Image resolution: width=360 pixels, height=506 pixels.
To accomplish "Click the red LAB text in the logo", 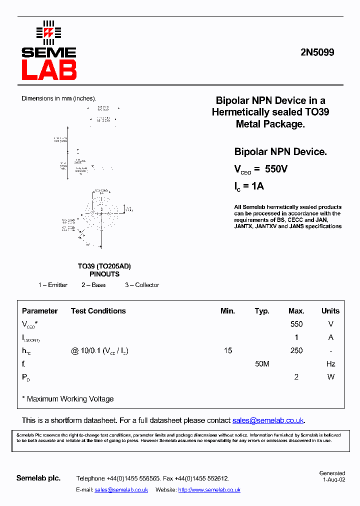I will (49, 70).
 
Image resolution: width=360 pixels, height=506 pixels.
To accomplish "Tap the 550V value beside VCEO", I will (276, 169).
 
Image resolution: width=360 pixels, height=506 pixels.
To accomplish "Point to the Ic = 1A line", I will (249, 186).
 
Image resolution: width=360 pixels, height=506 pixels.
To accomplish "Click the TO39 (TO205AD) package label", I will (104, 266).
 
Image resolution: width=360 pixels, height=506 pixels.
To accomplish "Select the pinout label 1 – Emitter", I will (53, 285).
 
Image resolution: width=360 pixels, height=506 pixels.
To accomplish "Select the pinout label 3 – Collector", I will (142, 285).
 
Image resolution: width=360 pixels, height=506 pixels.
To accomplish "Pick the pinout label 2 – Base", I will (93, 285).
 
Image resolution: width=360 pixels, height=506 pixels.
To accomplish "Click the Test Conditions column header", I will (98, 311).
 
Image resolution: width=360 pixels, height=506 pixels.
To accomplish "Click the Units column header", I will (330, 311).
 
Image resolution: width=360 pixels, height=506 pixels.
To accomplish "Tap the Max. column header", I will (296, 311).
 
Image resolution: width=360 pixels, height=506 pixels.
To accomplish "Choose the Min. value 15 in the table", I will (228, 350).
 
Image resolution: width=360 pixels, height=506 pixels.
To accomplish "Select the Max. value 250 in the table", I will (296, 350).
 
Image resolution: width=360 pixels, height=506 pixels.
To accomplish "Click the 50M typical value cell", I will (262, 364).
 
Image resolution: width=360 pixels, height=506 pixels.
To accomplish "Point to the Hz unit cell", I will (330, 364).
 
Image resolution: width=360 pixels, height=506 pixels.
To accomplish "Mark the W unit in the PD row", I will (330, 377).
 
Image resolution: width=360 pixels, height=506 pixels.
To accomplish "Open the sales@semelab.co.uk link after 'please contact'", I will (268, 420).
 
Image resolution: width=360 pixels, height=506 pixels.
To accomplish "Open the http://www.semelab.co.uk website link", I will (209, 490).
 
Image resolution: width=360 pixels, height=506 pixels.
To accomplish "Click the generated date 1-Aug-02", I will (333, 479).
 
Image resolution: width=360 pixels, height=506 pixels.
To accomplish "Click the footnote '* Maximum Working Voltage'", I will (68, 399).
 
